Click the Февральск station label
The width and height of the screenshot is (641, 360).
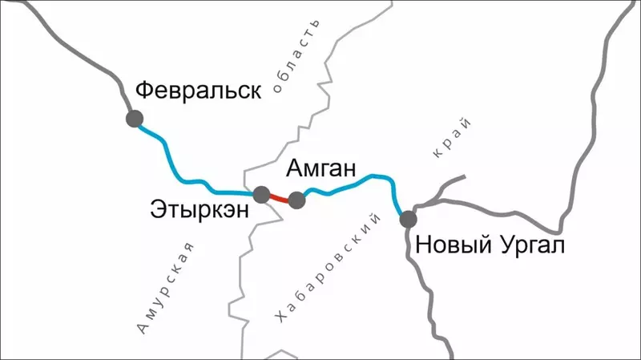(x=198, y=90)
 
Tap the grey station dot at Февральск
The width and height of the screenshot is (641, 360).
(x=134, y=119)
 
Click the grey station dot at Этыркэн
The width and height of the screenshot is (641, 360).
(x=261, y=194)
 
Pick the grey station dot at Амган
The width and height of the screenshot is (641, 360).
(x=296, y=200)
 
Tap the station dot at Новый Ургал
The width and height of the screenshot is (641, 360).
(x=409, y=218)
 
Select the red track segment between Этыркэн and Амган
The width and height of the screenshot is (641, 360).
(x=279, y=197)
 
